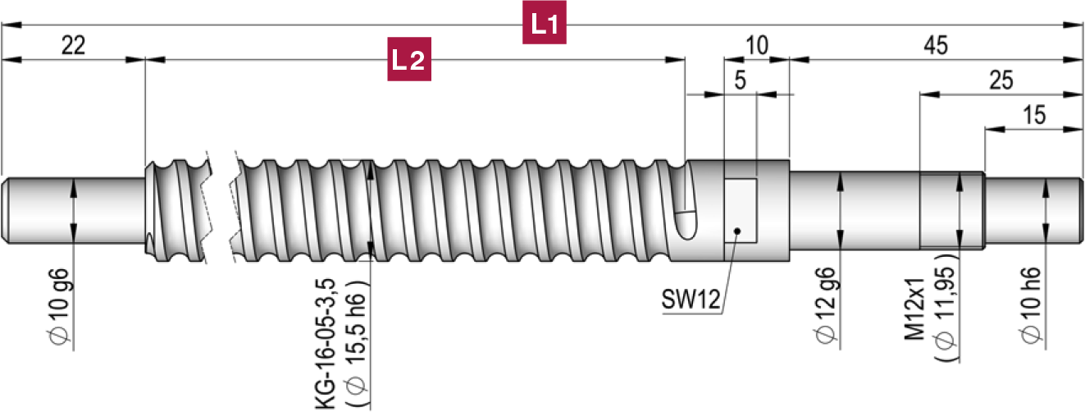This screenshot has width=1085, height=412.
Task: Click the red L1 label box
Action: [x=545, y=25]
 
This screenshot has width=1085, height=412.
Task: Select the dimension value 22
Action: [x=73, y=46]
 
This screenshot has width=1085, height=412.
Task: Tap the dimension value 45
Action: [x=934, y=46]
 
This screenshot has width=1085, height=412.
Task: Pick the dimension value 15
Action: [x=1034, y=115]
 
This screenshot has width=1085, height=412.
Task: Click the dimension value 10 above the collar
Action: [x=757, y=46]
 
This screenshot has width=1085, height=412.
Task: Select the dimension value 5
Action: [x=741, y=80]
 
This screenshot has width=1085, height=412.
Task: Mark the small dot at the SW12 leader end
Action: [x=737, y=231]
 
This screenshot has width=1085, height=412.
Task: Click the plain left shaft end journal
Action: [x=74, y=211]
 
